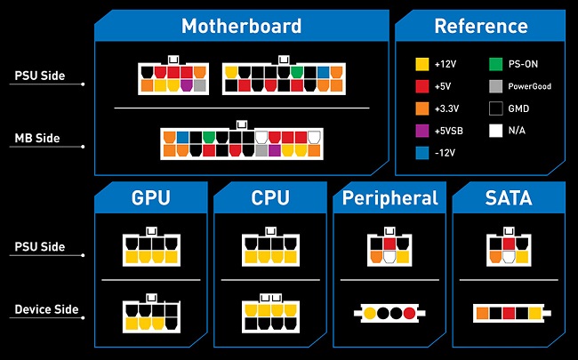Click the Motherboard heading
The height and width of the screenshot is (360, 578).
[240, 26]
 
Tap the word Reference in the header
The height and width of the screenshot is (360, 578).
[480, 26]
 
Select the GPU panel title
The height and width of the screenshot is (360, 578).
[149, 198]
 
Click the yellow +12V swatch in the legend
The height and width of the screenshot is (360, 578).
[423, 64]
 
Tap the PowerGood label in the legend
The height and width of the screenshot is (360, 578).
[531, 87]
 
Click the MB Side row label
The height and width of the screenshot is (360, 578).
[36, 139]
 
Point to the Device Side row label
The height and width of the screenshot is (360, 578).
[46, 309]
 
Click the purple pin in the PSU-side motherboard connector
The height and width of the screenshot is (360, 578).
[187, 86]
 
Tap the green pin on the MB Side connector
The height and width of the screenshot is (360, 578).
[209, 138]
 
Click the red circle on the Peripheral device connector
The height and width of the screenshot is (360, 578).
[409, 313]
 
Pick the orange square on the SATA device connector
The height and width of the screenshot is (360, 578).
[481, 313]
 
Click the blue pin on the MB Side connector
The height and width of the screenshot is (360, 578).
[181, 138]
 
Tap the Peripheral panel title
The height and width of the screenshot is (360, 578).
[390, 198]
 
